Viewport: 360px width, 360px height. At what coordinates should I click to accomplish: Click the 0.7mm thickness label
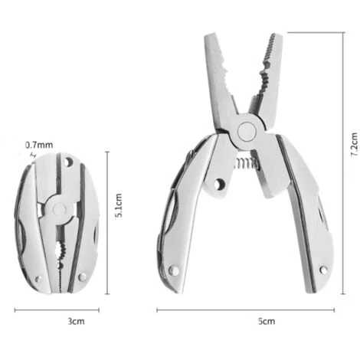coord(39,145)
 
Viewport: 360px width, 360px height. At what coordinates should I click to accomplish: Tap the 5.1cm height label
coord(119,205)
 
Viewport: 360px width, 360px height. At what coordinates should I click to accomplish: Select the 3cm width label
coord(76,321)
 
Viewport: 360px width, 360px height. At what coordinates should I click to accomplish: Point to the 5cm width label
coord(267,321)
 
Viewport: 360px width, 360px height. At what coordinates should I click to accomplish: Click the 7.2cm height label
coord(355,145)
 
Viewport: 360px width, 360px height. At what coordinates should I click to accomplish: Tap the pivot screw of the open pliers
coord(247,132)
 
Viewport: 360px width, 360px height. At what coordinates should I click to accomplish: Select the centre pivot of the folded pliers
coord(60,209)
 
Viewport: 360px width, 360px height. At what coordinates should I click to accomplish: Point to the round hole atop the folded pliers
coord(68,162)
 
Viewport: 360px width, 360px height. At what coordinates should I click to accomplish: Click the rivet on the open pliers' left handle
coord(174,270)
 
